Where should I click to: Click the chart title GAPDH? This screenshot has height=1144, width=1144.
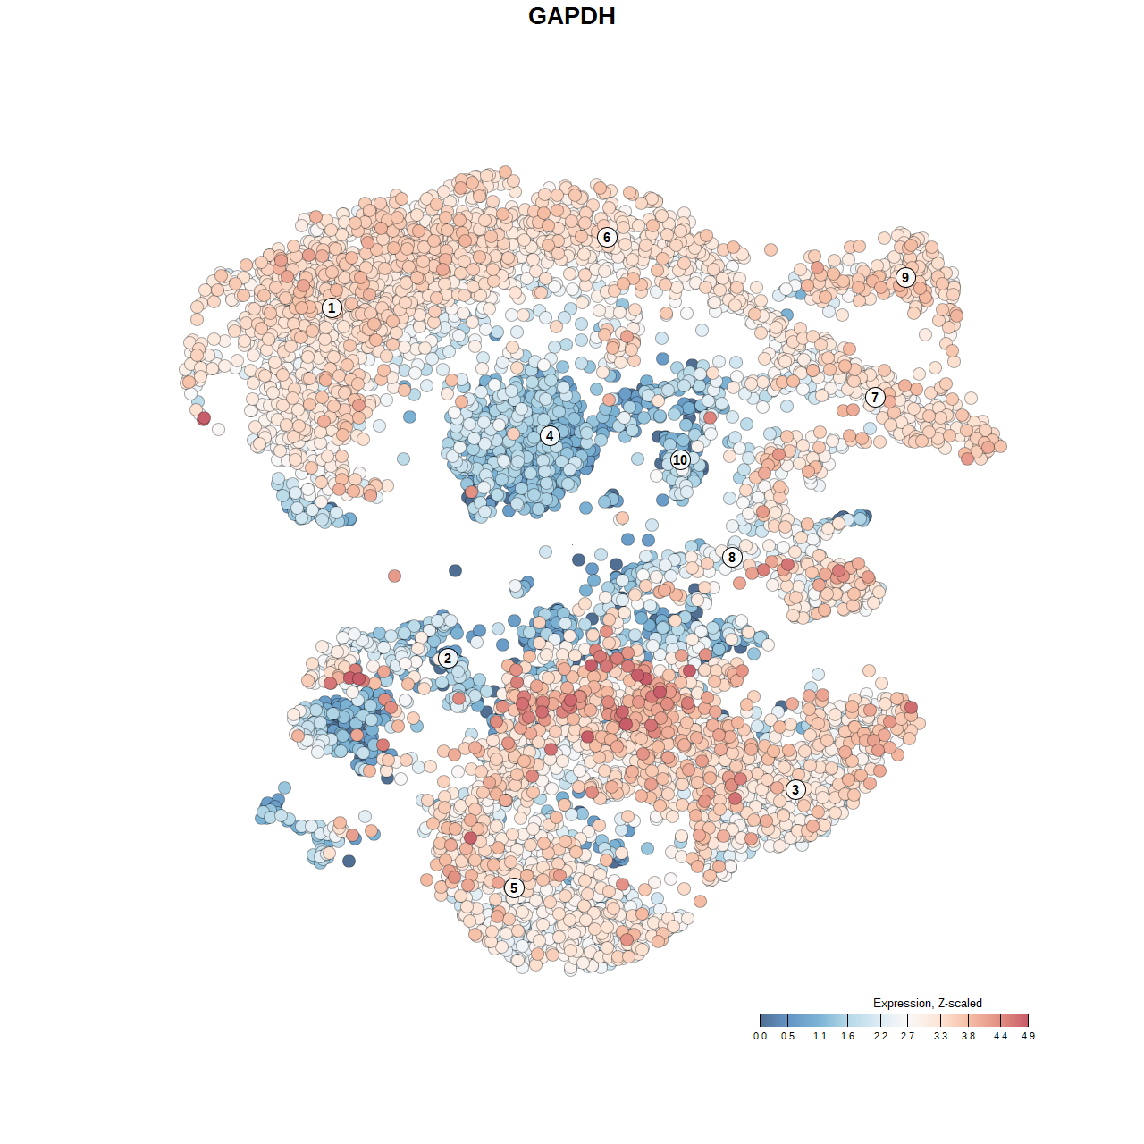572,16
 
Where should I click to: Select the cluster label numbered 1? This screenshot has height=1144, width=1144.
332,308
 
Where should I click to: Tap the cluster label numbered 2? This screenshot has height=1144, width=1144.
448,659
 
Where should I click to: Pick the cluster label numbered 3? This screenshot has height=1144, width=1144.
795,789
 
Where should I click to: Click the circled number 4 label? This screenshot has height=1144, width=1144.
550,436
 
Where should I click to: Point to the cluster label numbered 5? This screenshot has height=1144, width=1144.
514,887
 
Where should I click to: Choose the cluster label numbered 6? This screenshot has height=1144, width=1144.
607,237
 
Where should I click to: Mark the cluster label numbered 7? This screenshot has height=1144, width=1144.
875,398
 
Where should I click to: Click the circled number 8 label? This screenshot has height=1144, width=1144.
732,558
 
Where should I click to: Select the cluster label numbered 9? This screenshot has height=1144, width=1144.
905,277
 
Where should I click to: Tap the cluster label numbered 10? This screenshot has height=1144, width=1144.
680,460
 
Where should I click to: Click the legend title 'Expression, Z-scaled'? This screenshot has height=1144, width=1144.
928,1003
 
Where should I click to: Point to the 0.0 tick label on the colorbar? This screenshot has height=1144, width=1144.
760,1037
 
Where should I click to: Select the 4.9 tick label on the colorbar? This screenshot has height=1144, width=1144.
1028,1037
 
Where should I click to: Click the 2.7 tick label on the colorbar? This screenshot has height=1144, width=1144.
908,1037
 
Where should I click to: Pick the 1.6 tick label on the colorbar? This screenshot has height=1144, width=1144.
847,1037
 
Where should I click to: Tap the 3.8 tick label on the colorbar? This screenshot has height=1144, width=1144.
968,1037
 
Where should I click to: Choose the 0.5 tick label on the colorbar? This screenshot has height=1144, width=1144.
787,1037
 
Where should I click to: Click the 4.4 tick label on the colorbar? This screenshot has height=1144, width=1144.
1000,1037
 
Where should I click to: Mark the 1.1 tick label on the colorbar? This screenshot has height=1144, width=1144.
820,1037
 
